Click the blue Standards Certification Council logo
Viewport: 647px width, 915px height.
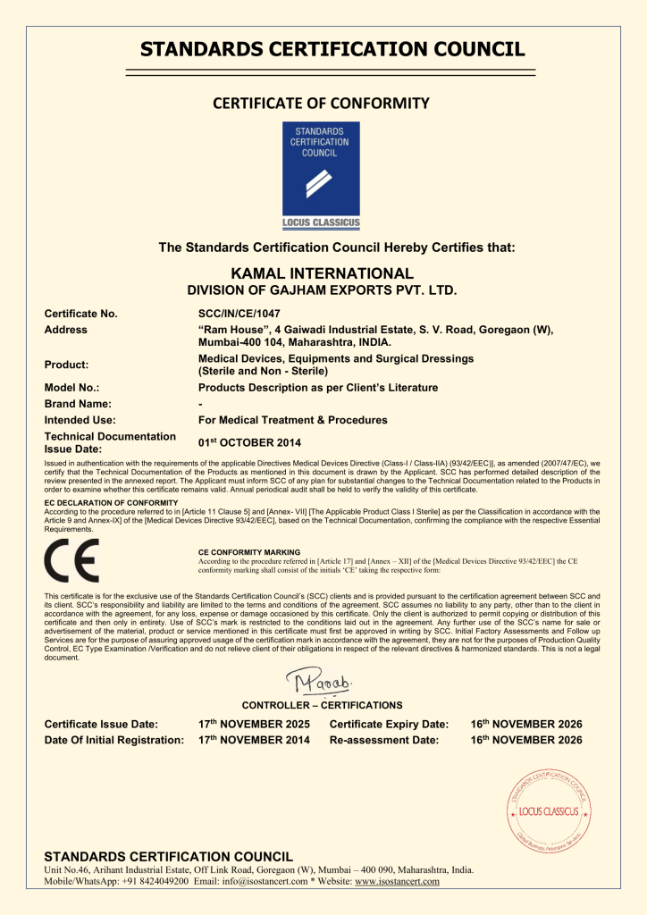click(321, 175)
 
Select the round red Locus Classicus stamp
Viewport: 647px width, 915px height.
click(549, 811)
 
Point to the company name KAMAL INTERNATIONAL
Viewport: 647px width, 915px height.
click(322, 273)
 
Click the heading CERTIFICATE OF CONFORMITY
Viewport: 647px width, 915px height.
click(322, 103)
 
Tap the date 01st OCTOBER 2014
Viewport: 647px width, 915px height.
click(249, 442)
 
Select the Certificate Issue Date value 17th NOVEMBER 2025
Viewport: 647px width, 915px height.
click(254, 724)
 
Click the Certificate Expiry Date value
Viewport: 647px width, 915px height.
click(526, 724)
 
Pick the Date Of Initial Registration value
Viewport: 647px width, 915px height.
click(254, 740)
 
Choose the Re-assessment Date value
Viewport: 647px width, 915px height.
click(526, 740)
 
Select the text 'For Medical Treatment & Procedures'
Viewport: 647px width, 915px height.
click(292, 420)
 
